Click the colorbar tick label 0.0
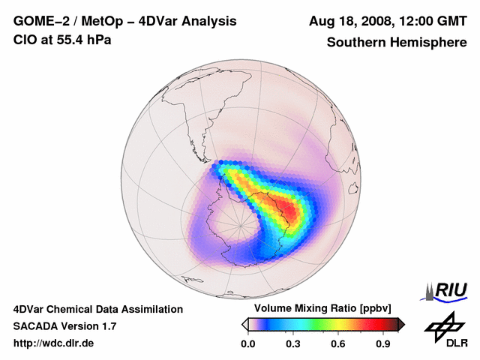tap(248, 344)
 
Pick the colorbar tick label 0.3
tap(294, 344)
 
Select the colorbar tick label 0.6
tap(339, 344)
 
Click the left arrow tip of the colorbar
tap(244, 324)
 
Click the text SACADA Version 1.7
tap(64, 326)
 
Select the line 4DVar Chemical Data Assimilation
tap(98, 309)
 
